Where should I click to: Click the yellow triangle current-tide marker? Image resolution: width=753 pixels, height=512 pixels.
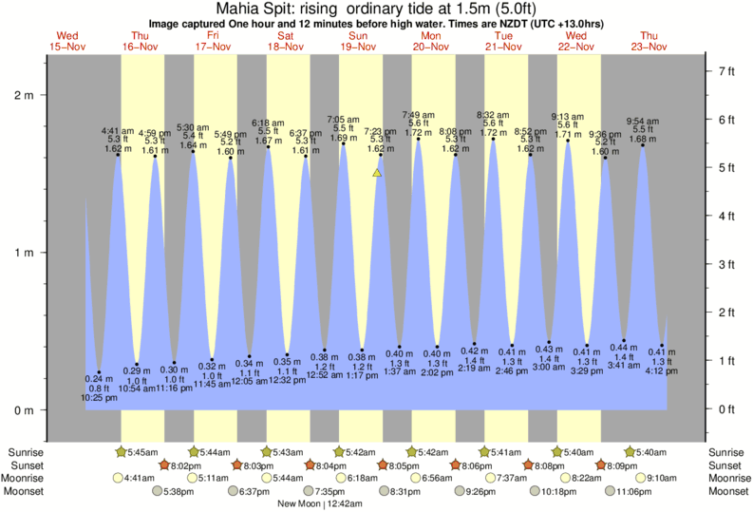(x=377, y=173)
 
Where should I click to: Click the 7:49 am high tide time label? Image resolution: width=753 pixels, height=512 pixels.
(x=420, y=115)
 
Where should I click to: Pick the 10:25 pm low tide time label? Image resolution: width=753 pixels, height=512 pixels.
(x=99, y=397)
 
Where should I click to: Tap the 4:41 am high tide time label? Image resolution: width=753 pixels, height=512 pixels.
(x=119, y=131)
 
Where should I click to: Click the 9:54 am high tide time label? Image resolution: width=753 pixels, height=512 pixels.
(x=644, y=121)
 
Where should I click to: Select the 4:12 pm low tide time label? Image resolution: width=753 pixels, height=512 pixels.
(x=662, y=371)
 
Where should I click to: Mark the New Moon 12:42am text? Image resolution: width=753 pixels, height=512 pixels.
(x=320, y=505)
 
